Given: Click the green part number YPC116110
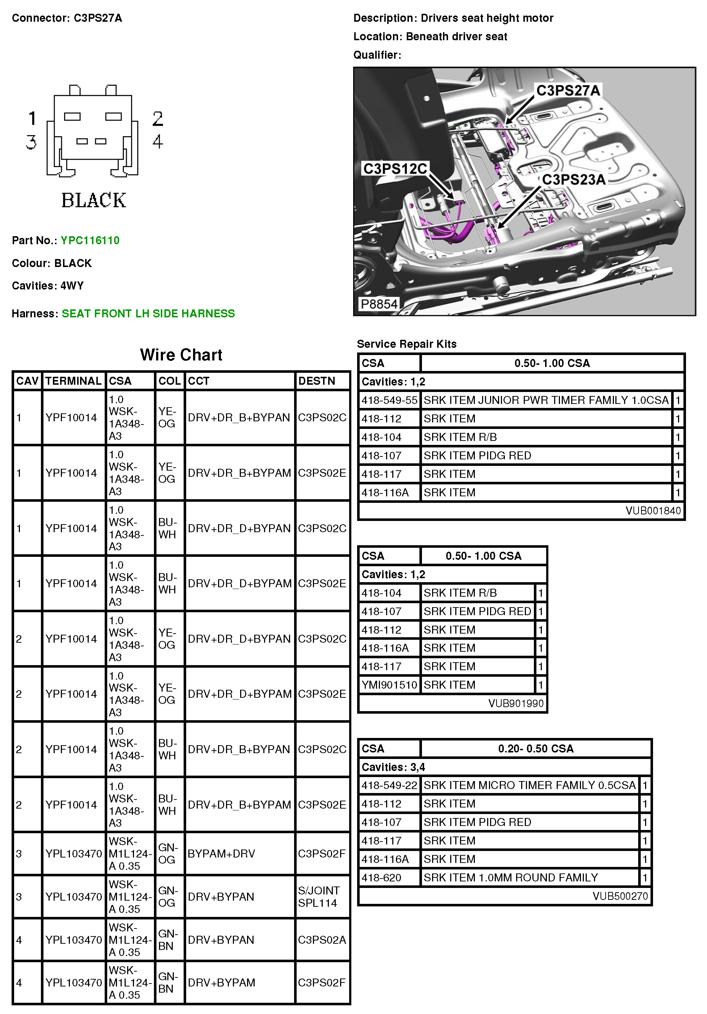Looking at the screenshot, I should point(90,240).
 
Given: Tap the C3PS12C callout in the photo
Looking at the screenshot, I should point(395,169).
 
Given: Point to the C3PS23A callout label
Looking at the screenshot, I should point(574,180).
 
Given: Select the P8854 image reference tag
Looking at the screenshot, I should point(379,304).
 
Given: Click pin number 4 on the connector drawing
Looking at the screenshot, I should point(158,142).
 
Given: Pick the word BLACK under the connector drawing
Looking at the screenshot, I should point(93,200).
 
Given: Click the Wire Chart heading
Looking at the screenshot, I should point(181,355).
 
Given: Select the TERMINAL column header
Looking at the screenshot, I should point(73,381).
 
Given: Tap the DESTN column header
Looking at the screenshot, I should point(317,381).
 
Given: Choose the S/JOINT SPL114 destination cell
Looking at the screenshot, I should point(318,897).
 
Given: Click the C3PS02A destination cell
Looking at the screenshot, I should point(322,940).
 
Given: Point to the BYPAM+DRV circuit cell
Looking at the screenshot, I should point(221,854).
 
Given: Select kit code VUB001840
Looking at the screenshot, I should point(653,510).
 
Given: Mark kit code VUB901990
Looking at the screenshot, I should point(516,703).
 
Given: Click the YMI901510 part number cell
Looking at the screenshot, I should point(389,685).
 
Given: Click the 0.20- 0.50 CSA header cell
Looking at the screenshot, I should point(536,748).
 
